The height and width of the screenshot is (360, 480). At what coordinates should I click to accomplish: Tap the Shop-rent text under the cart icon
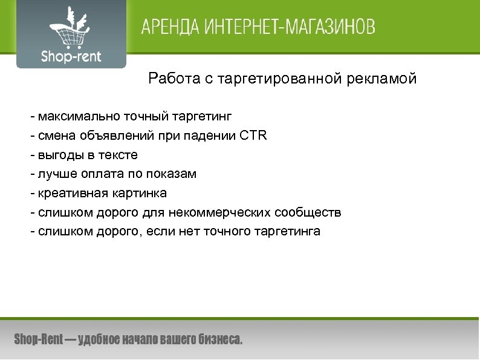(x=71, y=57)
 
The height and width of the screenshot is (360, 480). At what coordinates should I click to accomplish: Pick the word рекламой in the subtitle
(x=386, y=79)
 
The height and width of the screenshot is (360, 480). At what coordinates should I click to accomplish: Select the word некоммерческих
(x=223, y=212)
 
